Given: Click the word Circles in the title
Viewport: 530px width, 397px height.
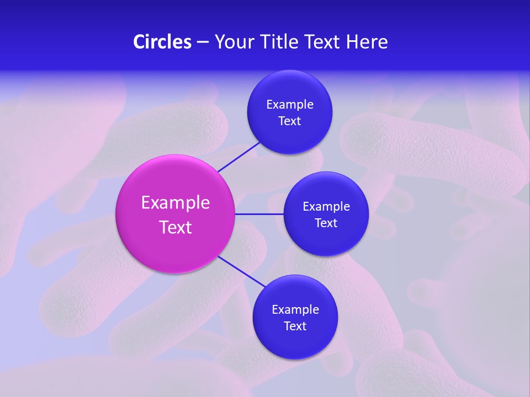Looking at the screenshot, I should (x=162, y=42).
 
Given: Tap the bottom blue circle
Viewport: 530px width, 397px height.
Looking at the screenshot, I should (x=295, y=342).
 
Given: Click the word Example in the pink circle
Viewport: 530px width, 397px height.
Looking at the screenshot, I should (x=176, y=203).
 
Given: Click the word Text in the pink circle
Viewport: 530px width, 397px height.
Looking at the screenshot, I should (x=176, y=227).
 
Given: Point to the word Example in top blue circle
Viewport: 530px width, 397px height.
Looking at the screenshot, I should (x=290, y=105).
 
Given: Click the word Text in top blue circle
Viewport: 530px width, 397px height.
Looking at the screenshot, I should (x=290, y=121).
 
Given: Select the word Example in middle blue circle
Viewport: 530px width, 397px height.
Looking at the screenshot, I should (x=326, y=207).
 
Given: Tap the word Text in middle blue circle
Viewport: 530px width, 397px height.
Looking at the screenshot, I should (x=326, y=223).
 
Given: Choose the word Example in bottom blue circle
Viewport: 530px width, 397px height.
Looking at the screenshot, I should (x=295, y=310).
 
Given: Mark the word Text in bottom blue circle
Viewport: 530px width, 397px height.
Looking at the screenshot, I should (x=295, y=326).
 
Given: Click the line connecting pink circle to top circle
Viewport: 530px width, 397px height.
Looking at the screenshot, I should (x=239, y=157).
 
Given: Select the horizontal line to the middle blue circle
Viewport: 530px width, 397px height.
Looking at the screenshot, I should (x=259, y=214).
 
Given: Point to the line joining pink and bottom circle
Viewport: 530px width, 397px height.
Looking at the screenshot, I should (x=242, y=271).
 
